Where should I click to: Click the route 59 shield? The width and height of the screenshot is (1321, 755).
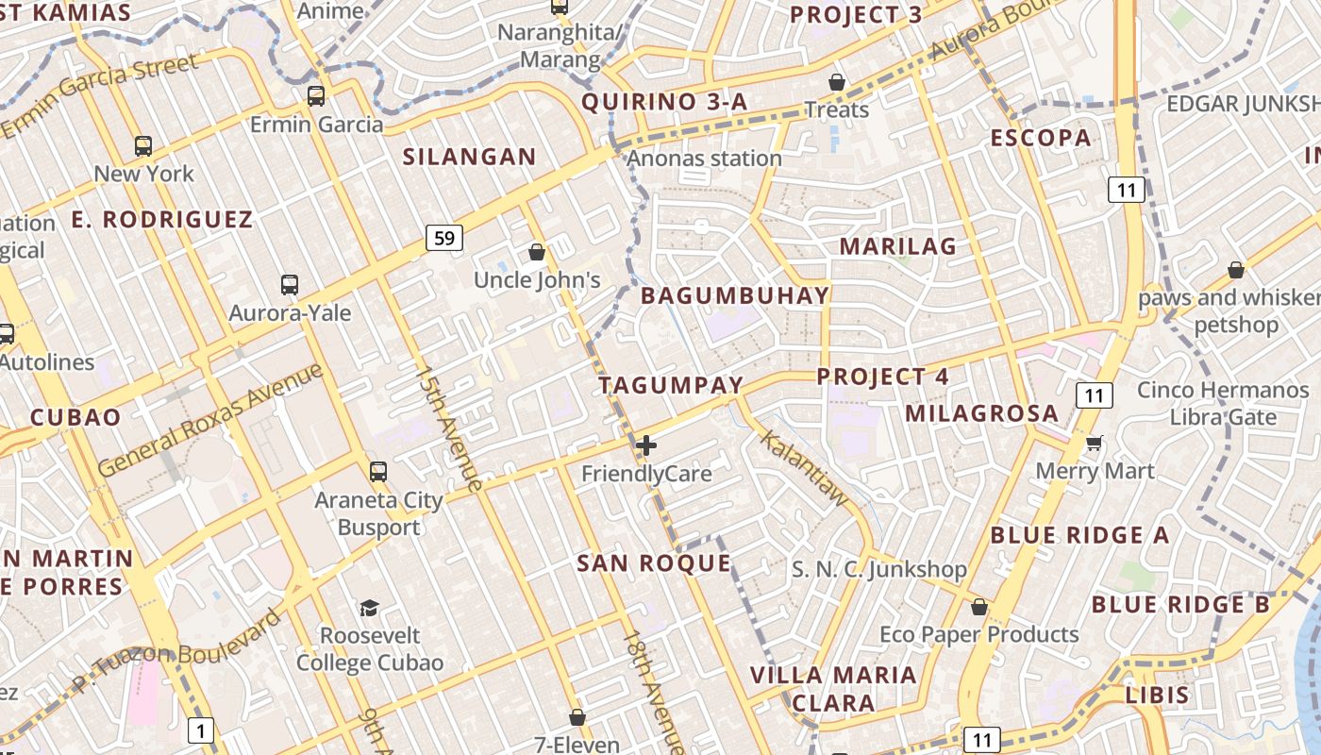pos(443,237)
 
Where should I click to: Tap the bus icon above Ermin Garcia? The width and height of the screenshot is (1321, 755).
pos(316,96)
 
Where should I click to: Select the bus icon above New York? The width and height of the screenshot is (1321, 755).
pos(143,146)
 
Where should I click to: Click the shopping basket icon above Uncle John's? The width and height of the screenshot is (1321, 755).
pos(537,252)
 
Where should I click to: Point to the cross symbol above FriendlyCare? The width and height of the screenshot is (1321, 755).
pos(646,445)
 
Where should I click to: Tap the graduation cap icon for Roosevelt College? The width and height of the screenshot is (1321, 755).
pos(369,608)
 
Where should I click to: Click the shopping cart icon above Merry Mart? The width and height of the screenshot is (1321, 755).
pos(1095,443)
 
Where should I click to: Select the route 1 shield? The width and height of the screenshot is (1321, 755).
pos(201,730)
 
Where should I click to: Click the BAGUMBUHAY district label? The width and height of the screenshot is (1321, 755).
pos(735,295)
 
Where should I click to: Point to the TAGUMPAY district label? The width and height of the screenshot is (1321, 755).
pos(671,385)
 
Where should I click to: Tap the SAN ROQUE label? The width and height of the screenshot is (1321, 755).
pos(654,563)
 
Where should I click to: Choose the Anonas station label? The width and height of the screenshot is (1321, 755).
pos(704,159)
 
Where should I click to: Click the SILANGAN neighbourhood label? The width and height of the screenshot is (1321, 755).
pos(469,157)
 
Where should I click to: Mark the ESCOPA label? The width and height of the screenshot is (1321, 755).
pos(1040,138)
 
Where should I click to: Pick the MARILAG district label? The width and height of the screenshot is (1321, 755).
pos(897,246)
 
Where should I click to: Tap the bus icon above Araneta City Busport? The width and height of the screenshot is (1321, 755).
pos(378,471)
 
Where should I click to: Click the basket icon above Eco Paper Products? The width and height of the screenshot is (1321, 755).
pos(979,607)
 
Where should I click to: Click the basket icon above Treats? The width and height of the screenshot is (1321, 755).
pos(836,82)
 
